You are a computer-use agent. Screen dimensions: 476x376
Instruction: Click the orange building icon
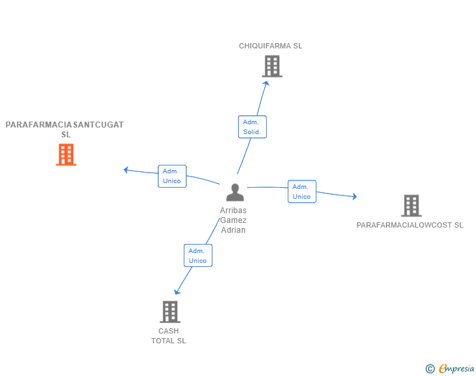click(66, 154)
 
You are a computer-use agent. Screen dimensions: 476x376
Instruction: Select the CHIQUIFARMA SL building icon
click(272, 66)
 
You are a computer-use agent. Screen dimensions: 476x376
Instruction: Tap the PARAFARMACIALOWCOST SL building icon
click(411, 205)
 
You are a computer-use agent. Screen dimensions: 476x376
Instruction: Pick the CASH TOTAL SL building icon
click(170, 312)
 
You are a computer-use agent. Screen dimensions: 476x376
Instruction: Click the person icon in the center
click(235, 192)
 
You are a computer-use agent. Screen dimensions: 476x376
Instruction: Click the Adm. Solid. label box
click(252, 127)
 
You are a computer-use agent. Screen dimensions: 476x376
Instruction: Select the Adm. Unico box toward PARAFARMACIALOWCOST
click(302, 192)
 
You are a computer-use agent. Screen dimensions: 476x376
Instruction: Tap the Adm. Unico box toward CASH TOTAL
click(198, 256)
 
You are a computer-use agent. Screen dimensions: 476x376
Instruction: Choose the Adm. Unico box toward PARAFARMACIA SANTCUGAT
click(172, 176)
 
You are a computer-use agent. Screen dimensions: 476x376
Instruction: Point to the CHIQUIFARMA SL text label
click(271, 46)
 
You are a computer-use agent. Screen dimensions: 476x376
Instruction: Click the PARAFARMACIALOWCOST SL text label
click(410, 225)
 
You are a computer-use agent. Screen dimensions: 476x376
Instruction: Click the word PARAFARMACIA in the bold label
click(39, 125)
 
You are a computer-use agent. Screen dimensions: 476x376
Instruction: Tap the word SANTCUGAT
click(98, 125)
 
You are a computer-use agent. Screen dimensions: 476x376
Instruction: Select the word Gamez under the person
click(233, 220)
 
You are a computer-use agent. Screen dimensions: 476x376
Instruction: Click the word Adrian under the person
click(233, 230)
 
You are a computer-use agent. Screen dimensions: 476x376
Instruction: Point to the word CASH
click(169, 331)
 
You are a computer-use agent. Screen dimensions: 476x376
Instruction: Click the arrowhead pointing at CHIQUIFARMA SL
click(266, 83)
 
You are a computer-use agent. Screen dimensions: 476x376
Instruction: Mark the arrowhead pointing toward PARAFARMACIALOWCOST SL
click(354, 196)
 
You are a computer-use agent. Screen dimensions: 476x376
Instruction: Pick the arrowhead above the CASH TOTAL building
click(177, 292)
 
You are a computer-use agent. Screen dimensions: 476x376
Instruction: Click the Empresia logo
click(450, 368)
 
